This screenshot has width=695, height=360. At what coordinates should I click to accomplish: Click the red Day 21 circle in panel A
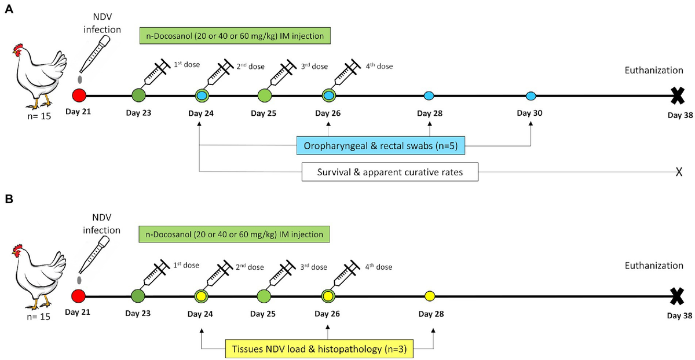(x=79, y=95)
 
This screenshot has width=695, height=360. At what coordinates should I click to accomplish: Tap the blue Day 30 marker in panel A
(x=530, y=95)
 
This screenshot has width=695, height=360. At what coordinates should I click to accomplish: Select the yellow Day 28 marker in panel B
(x=429, y=296)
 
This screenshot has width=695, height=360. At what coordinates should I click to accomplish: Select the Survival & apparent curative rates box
(x=390, y=172)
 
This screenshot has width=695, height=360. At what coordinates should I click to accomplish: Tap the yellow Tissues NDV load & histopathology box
(x=319, y=349)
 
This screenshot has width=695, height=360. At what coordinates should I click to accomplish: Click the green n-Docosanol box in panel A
(x=235, y=36)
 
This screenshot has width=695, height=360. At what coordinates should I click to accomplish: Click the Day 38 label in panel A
(x=679, y=115)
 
